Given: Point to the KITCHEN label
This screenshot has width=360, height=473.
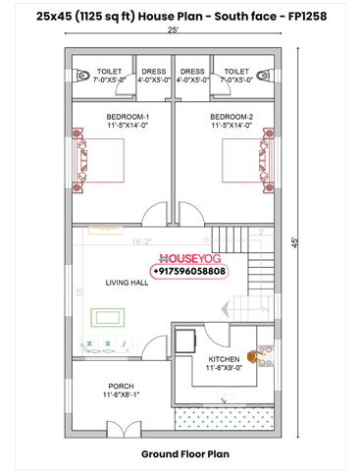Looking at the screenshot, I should pos(224,359).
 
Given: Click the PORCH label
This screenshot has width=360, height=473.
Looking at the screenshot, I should pos(120,386).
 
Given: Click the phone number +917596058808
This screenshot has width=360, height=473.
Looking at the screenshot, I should pos(188,270).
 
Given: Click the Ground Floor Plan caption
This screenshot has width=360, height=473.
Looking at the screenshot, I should pos(184,454).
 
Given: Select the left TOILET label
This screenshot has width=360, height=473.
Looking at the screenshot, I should pos(109,71).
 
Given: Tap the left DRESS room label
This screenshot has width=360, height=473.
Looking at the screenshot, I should pos(154,71).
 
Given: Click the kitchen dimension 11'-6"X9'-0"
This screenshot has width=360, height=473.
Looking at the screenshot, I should pos(225,369).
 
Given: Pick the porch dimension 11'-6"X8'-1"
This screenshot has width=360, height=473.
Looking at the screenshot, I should pos(122,395).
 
